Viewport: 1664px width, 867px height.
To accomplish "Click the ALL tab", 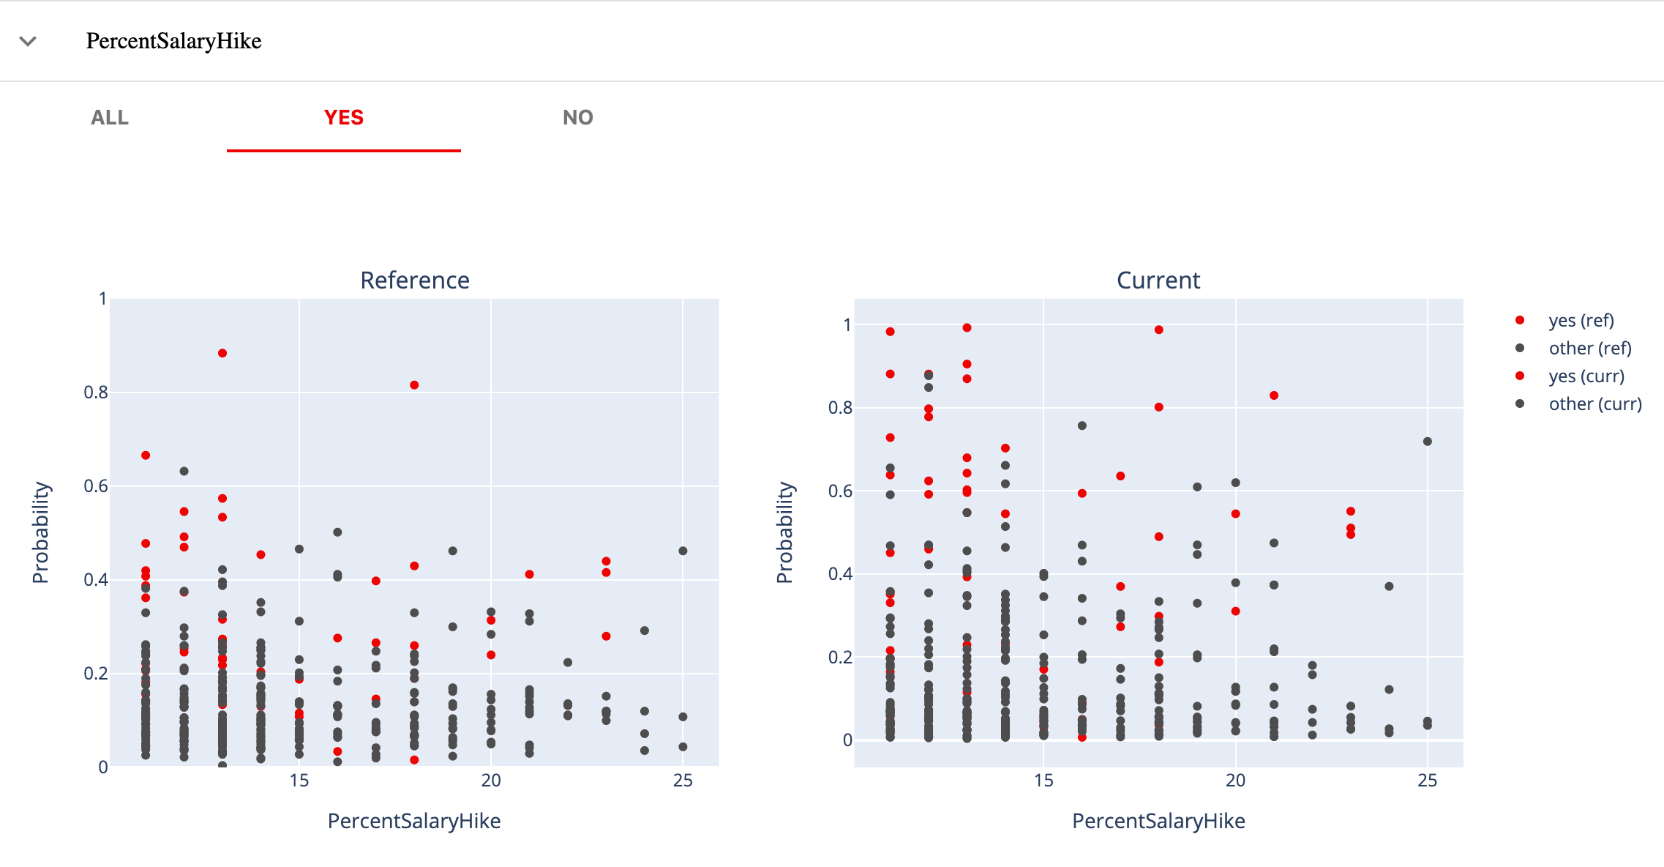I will [x=110, y=118].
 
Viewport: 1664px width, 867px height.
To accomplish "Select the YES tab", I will [x=344, y=118].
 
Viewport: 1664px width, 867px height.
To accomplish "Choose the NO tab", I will [x=577, y=118].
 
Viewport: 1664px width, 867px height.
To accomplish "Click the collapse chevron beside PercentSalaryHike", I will [x=28, y=41].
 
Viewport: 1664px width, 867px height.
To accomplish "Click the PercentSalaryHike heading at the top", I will [x=173, y=41].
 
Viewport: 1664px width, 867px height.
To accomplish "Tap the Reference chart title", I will [x=414, y=280].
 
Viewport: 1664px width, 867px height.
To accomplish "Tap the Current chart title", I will [x=1158, y=280].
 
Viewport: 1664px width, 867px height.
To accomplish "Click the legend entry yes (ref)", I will [x=1581, y=321].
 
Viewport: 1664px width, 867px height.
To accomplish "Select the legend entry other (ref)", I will [x=1589, y=349].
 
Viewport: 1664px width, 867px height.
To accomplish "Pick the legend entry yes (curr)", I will [x=1586, y=376].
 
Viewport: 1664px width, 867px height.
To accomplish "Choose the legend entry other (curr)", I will [x=1594, y=404].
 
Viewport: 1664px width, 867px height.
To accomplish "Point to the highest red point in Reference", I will [x=222, y=353].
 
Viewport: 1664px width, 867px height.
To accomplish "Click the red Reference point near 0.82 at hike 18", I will [x=414, y=385].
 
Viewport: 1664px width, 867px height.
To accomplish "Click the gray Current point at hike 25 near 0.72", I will [x=1427, y=442].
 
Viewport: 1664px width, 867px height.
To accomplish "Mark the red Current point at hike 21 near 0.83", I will [x=1274, y=395].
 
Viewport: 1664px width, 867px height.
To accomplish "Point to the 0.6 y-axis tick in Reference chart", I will [x=96, y=486].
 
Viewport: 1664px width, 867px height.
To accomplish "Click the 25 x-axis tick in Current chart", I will [x=1427, y=781].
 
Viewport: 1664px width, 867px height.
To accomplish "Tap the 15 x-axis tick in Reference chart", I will [x=299, y=781].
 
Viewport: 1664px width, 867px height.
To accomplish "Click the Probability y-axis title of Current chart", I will [x=784, y=532].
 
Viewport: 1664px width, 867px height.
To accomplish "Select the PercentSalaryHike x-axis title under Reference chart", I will [x=414, y=821].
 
